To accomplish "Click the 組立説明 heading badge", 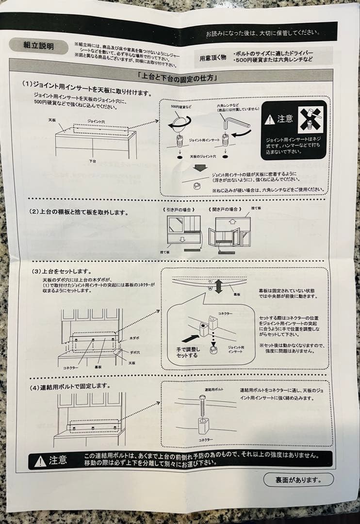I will pyautogui.click(x=38, y=46).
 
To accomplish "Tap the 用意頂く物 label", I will pyautogui.click(x=213, y=58).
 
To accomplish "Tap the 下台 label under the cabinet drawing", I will pyautogui.click(x=92, y=161).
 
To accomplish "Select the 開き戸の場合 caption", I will pyautogui.click(x=226, y=210).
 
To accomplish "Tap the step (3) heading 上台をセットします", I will pyautogui.click(x=63, y=271).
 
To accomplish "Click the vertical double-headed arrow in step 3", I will pyautogui.click(x=218, y=286).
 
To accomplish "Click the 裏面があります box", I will pyautogui.click(x=298, y=480).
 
